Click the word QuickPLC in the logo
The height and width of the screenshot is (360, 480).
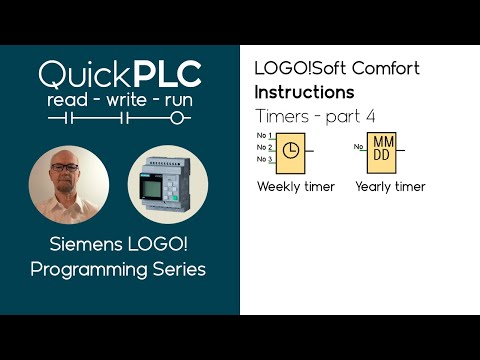119,73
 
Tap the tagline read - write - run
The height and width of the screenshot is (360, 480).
119,100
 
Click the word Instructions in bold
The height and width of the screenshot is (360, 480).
304,92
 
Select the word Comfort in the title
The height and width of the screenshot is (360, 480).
385,69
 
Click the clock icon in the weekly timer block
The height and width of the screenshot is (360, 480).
289,149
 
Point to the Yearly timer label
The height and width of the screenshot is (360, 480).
390,186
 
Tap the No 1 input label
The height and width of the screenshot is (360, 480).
264,135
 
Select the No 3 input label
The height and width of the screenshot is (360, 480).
264,159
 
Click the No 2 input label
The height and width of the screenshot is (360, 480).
264,147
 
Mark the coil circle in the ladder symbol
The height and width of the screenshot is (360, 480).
179,118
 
